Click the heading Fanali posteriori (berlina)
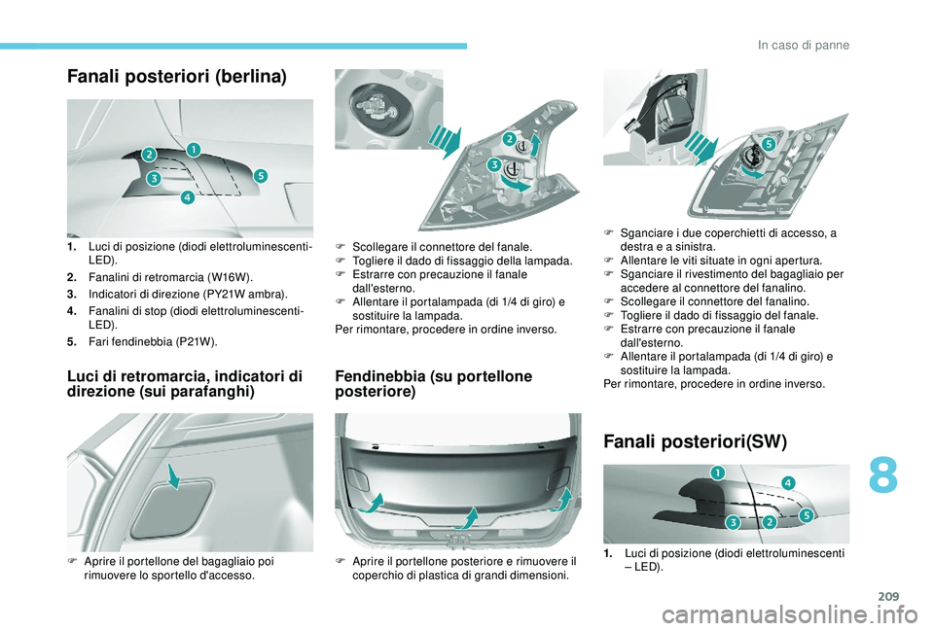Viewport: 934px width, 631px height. pyautogui.click(x=177, y=77)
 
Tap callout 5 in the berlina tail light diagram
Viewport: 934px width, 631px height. pyautogui.click(x=261, y=176)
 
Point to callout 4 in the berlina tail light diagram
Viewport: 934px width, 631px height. pyautogui.click(x=187, y=197)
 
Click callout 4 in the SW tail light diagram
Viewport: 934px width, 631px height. pyautogui.click(x=787, y=483)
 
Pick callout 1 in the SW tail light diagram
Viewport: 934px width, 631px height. pyautogui.click(x=717, y=473)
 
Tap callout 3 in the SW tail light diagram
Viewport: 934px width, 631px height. pyautogui.click(x=733, y=522)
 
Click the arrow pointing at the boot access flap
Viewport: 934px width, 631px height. pyautogui.click(x=174, y=475)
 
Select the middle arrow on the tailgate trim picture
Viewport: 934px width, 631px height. pyautogui.click(x=467, y=517)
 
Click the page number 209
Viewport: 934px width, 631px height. pyautogui.click(x=888, y=596)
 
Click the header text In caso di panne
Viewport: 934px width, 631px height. pyautogui.click(x=804, y=46)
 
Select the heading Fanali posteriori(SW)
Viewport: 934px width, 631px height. pyautogui.click(x=695, y=441)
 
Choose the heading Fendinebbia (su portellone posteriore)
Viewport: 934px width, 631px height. pyautogui.click(x=434, y=384)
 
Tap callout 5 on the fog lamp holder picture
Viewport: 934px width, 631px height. pyautogui.click(x=768, y=144)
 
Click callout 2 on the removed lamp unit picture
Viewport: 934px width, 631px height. pyautogui.click(x=509, y=139)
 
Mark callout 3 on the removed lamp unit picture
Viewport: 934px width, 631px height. pyautogui.click(x=494, y=165)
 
